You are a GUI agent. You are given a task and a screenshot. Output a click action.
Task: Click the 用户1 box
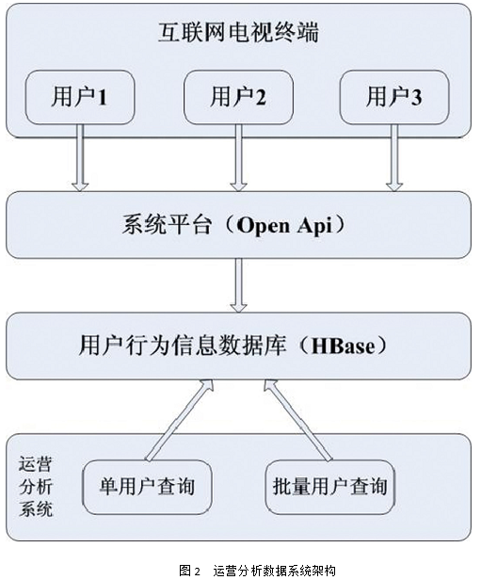point(80,97)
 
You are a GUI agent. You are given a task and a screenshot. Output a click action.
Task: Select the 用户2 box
point(238,97)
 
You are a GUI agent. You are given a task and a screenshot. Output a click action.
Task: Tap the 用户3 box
point(394,97)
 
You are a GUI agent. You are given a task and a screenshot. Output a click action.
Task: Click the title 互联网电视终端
point(238,33)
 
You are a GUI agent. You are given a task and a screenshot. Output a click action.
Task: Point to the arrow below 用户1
point(80,157)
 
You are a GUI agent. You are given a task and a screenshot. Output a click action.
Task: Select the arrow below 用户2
point(238,157)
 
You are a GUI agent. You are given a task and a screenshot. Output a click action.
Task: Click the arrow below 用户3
point(394,157)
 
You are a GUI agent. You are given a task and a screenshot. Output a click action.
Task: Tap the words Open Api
point(284,225)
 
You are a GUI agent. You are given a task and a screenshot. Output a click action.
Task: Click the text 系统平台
point(167,224)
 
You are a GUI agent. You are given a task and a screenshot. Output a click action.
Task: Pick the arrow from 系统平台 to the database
point(238,285)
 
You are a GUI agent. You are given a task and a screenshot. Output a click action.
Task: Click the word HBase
point(343,346)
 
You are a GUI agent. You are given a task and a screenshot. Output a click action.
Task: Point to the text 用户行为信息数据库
point(183,346)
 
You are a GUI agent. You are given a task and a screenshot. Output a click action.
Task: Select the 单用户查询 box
point(147,487)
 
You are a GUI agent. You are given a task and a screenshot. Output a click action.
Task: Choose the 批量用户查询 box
point(329,487)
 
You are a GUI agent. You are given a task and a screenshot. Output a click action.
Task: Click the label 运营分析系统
point(36,487)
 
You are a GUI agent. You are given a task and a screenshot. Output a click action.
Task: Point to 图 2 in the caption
point(189,570)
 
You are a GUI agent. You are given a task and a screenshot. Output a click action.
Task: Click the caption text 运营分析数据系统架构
point(274,570)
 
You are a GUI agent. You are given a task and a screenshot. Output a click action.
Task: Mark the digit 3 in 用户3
point(416,98)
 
